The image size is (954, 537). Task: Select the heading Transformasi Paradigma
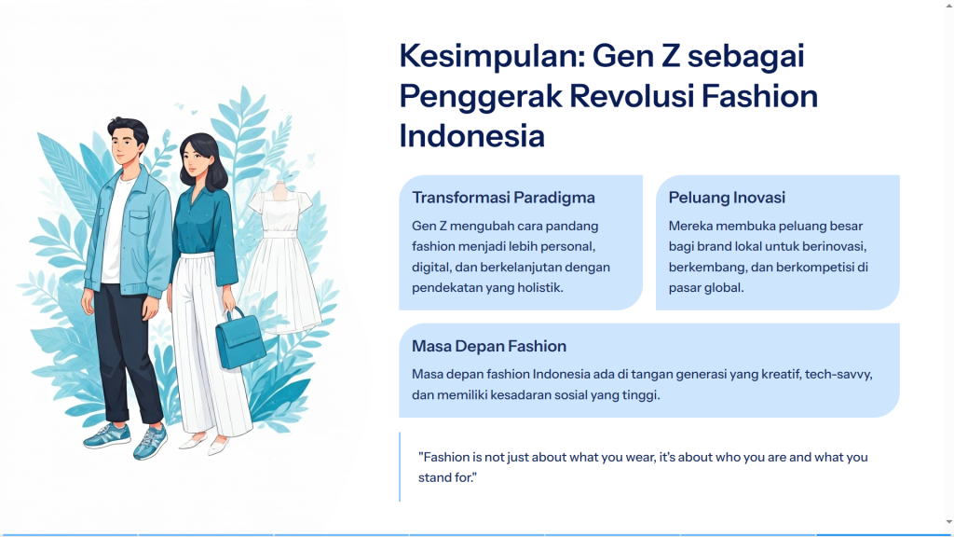pyautogui.click(x=503, y=198)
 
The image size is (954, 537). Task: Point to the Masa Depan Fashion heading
pyautogui.click(x=488, y=346)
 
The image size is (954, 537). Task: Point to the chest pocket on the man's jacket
pyautogui.click(x=140, y=223)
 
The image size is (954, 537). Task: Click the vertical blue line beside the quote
pyautogui.click(x=400, y=467)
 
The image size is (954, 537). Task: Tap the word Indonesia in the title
pyautogui.click(x=471, y=136)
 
